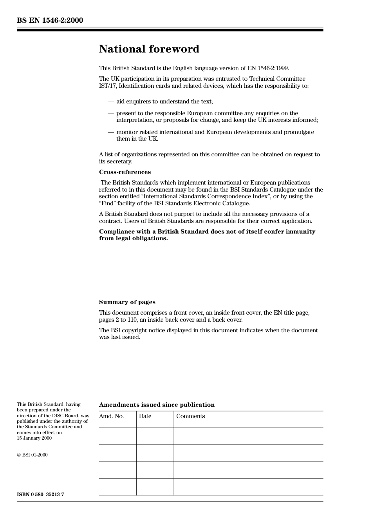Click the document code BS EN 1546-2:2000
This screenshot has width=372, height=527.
click(x=50, y=20)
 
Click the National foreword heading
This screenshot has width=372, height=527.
click(x=149, y=49)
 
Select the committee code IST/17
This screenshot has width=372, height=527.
click(x=107, y=86)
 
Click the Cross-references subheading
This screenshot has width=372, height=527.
click(x=125, y=172)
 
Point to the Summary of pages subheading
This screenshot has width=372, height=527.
click(x=127, y=302)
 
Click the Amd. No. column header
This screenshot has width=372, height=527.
click(x=111, y=416)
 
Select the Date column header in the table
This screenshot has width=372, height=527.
click(x=145, y=416)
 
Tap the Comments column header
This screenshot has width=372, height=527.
click(x=190, y=416)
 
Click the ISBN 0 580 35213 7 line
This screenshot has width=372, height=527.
click(x=40, y=494)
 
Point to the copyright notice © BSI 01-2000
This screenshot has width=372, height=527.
click(x=32, y=455)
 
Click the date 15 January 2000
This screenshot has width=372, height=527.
click(x=34, y=438)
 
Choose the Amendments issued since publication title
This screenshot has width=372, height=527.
click(x=157, y=405)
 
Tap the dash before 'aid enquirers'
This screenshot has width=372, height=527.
click(x=111, y=101)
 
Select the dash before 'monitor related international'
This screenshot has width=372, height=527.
click(x=111, y=132)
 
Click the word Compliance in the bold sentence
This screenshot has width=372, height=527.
click(x=117, y=232)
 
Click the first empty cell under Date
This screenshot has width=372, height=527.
click(x=155, y=436)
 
